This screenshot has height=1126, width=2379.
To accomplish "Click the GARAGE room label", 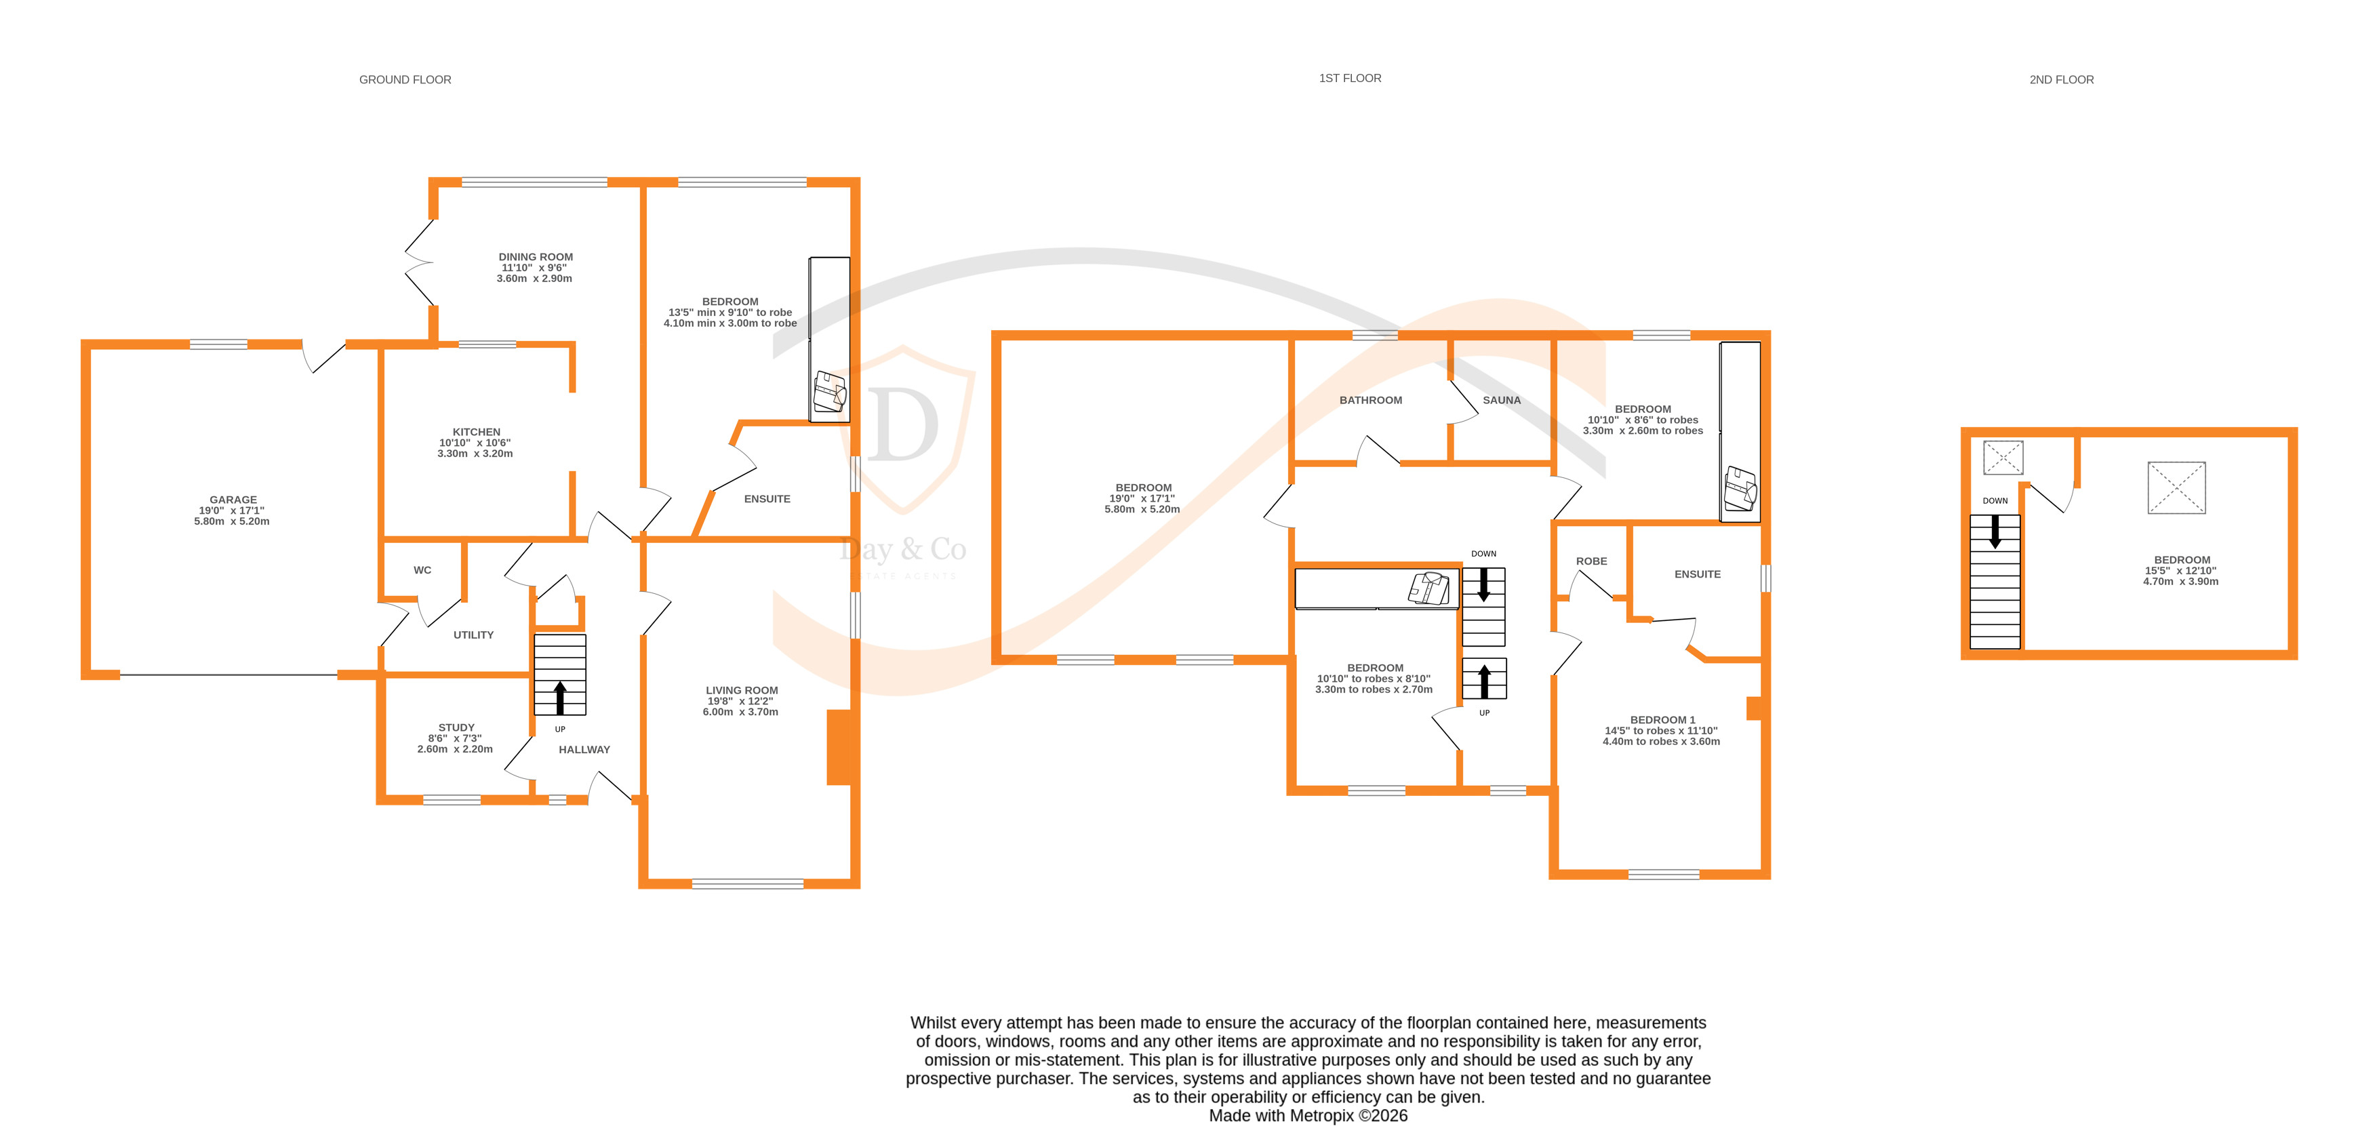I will click(x=233, y=500).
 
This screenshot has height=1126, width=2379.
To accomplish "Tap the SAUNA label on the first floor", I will click(x=1501, y=400).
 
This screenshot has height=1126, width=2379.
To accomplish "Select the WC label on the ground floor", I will click(x=422, y=570).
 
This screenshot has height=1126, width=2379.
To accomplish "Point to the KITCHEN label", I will click(x=476, y=433).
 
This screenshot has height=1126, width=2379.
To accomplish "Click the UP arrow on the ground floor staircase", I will click(x=559, y=698).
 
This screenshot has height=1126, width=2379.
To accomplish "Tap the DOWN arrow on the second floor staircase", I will click(x=1995, y=531).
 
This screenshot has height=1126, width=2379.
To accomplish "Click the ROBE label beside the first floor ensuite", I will click(x=1591, y=561).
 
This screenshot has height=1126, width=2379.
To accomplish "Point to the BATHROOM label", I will click(x=1370, y=400).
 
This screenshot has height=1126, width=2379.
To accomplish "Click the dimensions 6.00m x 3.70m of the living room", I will click(x=740, y=712).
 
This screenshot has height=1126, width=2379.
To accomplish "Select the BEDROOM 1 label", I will click(x=1662, y=719).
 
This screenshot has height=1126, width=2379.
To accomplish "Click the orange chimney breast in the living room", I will click(x=839, y=747).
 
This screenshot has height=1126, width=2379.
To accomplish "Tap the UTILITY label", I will click(x=473, y=635).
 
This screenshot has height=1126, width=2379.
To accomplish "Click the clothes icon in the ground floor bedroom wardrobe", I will click(x=828, y=393).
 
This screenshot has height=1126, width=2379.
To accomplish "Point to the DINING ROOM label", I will click(x=536, y=258).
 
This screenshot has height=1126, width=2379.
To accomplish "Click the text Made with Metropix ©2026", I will click(x=1308, y=1115).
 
